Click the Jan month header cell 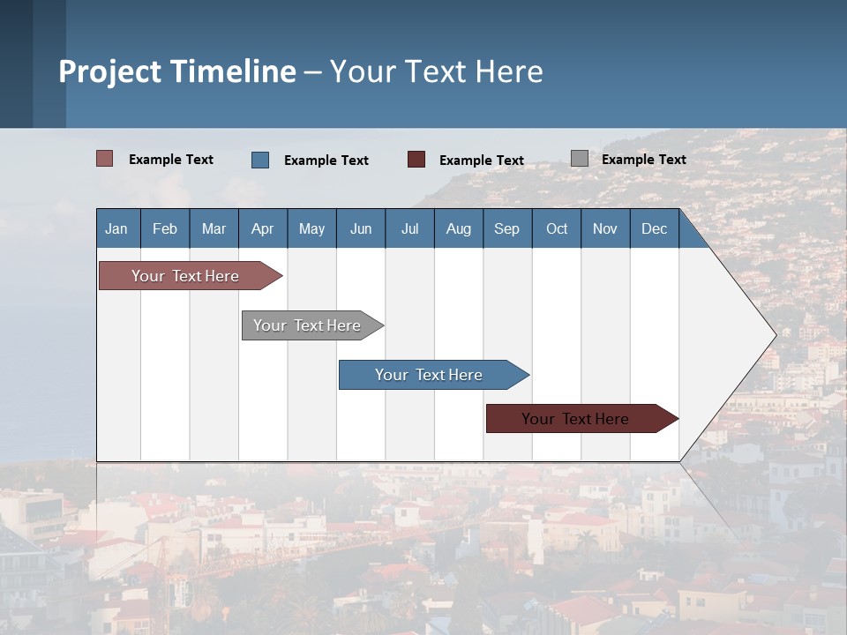[x=117, y=228]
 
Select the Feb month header [x=165, y=228]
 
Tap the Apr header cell [x=263, y=228]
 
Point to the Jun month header [x=361, y=228]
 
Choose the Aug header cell [x=459, y=228]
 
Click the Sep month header [x=507, y=228]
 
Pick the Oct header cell [x=557, y=228]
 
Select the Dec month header [x=655, y=228]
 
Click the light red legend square [x=105, y=159]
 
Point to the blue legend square [x=260, y=160]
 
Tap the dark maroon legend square [x=416, y=160]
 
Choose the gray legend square [x=580, y=159]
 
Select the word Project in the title [x=110, y=71]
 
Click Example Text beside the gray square [x=643, y=160]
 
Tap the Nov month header [x=605, y=228]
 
